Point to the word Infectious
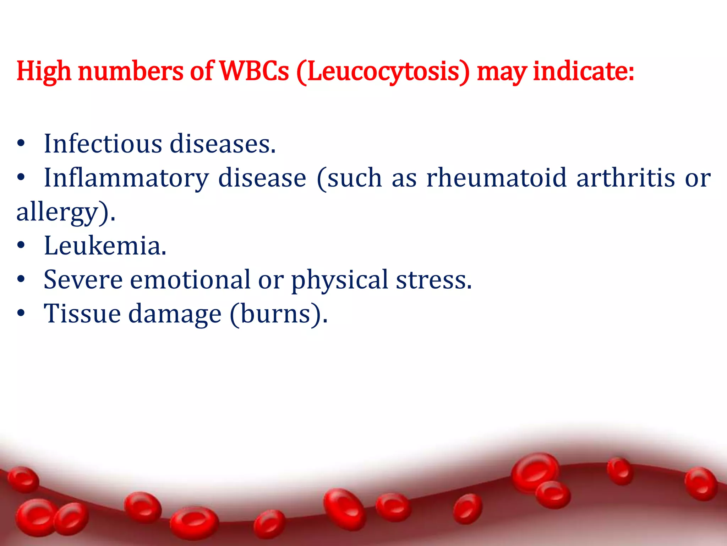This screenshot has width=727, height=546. click(103, 144)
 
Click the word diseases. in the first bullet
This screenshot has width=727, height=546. click(223, 144)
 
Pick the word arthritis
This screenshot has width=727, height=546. click(625, 178)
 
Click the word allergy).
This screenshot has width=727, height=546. click(66, 212)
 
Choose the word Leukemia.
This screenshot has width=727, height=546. click(105, 246)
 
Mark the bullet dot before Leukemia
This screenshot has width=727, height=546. click(21, 246)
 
